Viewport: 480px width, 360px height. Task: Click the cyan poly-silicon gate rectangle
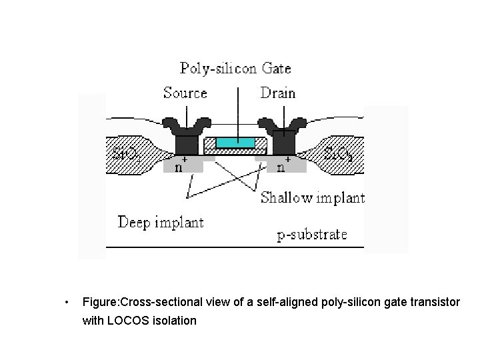coord(235,143)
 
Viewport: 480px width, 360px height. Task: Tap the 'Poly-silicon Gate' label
coord(235,68)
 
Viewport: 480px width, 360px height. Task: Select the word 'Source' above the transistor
coord(185,93)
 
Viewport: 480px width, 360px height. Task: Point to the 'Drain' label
coord(278,93)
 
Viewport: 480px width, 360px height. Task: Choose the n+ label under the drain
coord(282,165)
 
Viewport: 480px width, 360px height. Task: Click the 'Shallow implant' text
coord(312,197)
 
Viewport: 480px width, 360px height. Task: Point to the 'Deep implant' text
coord(161,222)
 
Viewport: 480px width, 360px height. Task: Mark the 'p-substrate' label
coord(312,234)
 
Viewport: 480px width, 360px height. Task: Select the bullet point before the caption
coord(65,303)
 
